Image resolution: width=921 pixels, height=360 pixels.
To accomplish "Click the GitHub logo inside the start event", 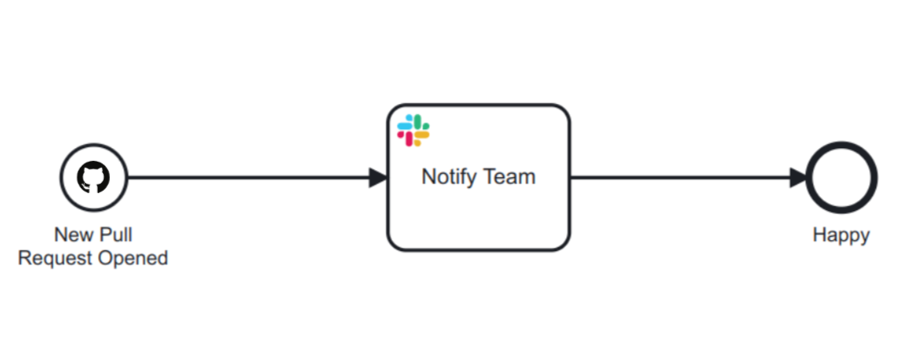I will pos(94,178).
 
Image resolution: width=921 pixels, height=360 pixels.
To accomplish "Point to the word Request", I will pos(51,258).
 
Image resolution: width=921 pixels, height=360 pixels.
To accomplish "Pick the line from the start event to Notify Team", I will pos(247,178).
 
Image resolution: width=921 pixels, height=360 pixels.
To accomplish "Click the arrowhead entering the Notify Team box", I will pos(378,178).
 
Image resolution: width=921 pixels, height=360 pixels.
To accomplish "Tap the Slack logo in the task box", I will pos(414,130).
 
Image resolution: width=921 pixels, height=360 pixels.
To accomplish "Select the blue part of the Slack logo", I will pos(407,124).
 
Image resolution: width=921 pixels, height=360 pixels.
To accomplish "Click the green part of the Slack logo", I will pos(420,124).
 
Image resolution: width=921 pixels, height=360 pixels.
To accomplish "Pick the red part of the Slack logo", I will pos(407,136).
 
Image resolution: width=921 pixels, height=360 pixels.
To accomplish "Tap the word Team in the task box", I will pos(510,178).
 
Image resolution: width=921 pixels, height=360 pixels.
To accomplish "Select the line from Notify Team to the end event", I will pos(681,178).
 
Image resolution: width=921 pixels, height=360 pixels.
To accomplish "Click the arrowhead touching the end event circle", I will pos(798,178).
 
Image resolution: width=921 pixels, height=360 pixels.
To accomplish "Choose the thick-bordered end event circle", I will pos(841,178).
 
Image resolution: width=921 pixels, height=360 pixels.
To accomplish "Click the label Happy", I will pos(841,235).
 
